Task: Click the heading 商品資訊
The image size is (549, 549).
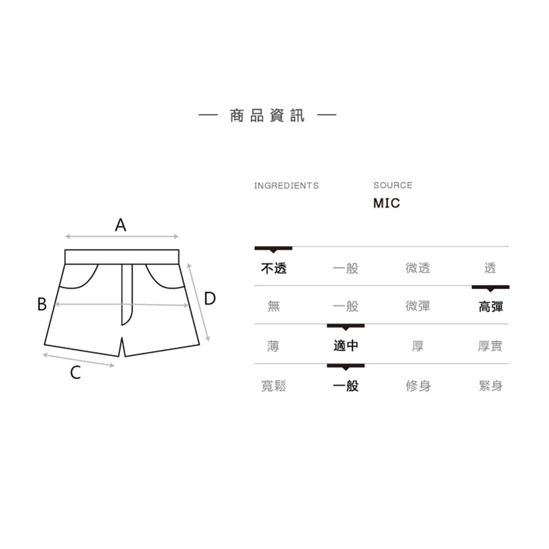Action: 267,115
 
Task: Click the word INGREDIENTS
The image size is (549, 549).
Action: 286,186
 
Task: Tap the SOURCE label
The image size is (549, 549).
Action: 392,185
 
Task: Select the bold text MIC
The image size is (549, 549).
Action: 386,203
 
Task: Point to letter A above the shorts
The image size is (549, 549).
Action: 121,225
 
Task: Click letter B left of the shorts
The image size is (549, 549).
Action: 42,304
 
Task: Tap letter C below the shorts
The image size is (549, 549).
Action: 76,373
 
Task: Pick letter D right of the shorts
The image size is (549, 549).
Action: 210,298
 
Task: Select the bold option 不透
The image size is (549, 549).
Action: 274,268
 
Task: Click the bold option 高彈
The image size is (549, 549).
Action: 491,307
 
